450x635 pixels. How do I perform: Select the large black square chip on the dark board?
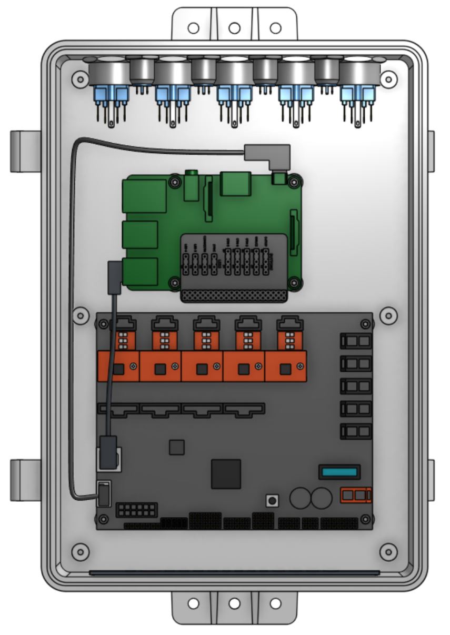pyautogui.click(x=226, y=474)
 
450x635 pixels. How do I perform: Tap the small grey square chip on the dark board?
pyautogui.click(x=176, y=447)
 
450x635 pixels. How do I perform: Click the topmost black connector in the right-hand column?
pyautogui.click(x=356, y=341)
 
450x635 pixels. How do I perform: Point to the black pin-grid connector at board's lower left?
pyautogui.click(x=137, y=510)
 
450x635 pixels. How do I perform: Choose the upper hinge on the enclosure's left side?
pyautogui.click(x=25, y=151)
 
